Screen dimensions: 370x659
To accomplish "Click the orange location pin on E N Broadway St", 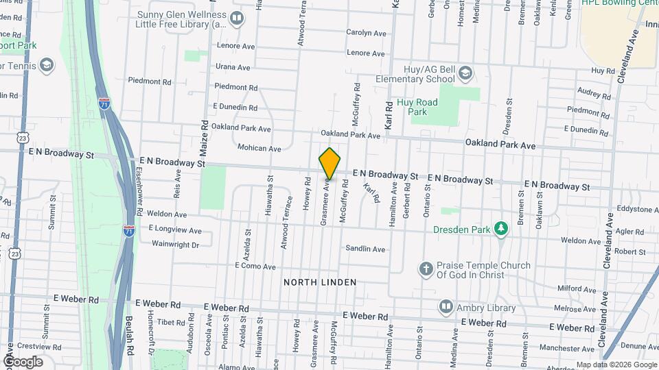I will click(329, 164).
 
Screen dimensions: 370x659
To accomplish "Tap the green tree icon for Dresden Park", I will click(502, 228).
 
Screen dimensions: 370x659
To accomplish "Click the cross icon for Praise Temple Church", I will click(426, 269).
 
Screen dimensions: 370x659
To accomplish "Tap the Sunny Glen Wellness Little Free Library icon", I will click(237, 18).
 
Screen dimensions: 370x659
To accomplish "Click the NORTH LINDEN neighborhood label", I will click(320, 282).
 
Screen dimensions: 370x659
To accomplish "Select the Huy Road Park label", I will click(423, 107).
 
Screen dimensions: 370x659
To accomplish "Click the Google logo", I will click(23, 362).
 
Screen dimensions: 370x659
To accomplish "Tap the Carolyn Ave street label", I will click(367, 32).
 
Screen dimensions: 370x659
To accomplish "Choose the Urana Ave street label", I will click(233, 67).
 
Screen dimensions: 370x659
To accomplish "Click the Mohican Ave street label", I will click(259, 148).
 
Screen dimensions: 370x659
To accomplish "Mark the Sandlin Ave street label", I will click(365, 249).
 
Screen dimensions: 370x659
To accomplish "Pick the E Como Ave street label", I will click(255, 266).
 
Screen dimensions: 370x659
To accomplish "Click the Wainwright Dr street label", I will click(175, 244).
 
